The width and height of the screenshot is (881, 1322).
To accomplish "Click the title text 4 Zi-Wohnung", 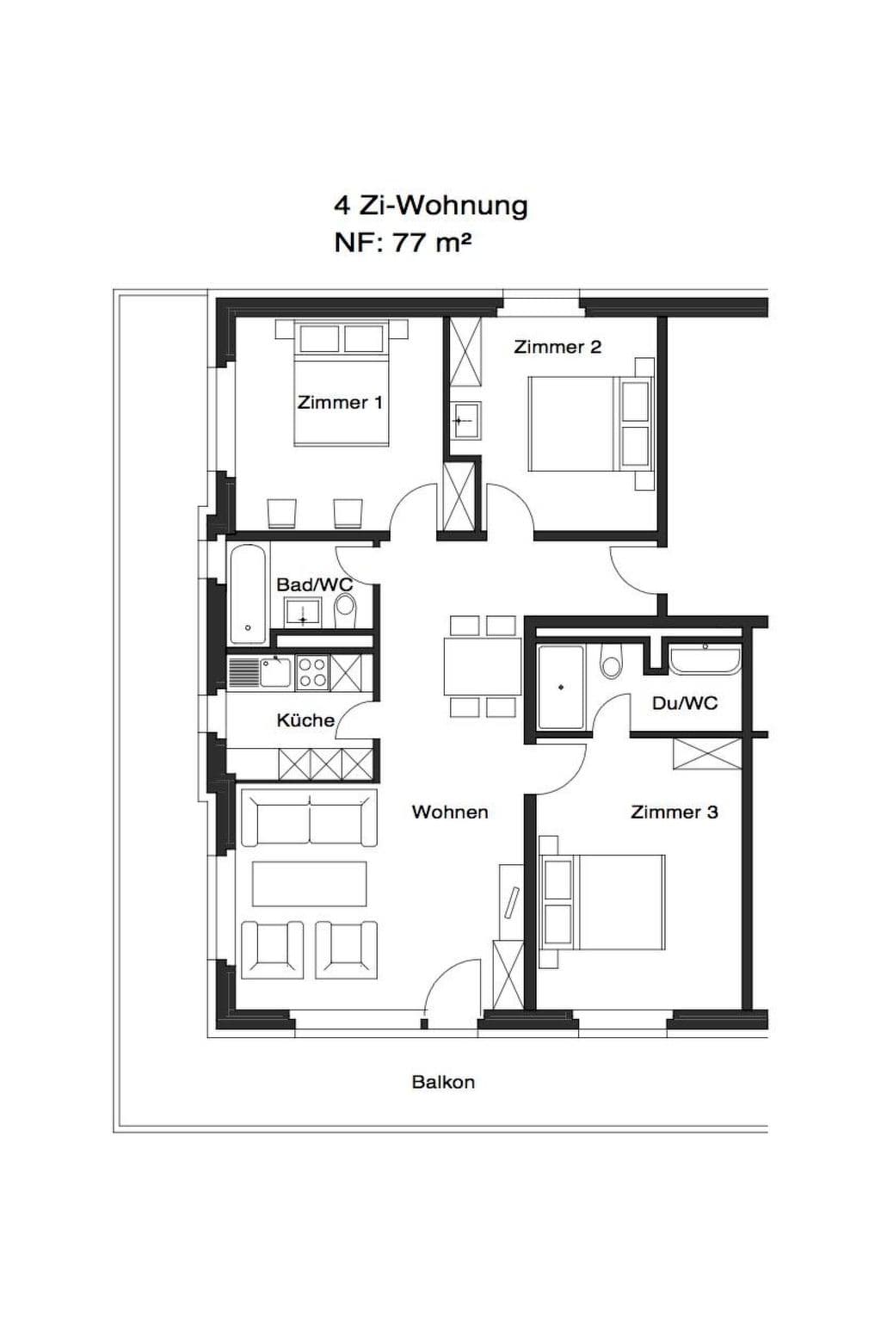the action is pyautogui.click(x=431, y=207).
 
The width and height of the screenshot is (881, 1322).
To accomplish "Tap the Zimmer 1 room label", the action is pyautogui.click(x=339, y=403).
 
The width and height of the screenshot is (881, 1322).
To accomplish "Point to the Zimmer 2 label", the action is pyautogui.click(x=557, y=347).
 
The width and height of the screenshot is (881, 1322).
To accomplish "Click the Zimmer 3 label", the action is pyautogui.click(x=674, y=812).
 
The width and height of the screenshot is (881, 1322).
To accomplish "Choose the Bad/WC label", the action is pyautogui.click(x=315, y=585).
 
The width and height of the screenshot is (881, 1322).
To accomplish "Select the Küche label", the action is pyautogui.click(x=305, y=720).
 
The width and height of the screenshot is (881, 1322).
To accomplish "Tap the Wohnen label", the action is pyautogui.click(x=450, y=812).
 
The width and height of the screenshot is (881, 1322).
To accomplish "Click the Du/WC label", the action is pyautogui.click(x=685, y=703).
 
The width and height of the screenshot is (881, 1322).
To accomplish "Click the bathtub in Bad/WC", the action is pyautogui.click(x=249, y=594).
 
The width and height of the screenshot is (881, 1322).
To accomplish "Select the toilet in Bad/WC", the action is pyautogui.click(x=345, y=609).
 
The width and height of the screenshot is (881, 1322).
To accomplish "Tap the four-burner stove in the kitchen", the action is pyautogui.click(x=312, y=673).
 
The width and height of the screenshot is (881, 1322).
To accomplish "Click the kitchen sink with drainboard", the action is pyautogui.click(x=260, y=673).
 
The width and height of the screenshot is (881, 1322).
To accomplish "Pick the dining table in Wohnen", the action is pyautogui.click(x=482, y=665).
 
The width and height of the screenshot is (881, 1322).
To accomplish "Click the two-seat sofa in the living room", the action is pyautogui.click(x=309, y=818).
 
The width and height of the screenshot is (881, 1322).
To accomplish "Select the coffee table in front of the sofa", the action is pyautogui.click(x=309, y=884).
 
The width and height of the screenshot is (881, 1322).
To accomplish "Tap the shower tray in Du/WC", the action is pyautogui.click(x=561, y=687).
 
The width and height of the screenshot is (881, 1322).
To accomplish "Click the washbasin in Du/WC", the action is pyautogui.click(x=705, y=660).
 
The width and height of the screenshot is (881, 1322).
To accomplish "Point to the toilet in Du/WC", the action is pyautogui.click(x=610, y=661).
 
